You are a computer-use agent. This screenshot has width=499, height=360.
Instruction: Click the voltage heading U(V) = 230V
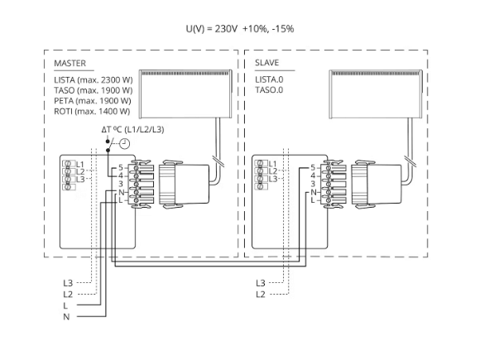point(240,29)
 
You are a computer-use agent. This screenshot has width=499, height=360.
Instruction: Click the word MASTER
point(70,63)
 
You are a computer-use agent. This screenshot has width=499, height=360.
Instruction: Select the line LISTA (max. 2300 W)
point(91,79)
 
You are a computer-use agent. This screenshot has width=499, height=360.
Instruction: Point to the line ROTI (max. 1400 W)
point(90,111)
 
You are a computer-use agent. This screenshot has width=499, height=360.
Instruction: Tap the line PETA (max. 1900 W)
point(90,100)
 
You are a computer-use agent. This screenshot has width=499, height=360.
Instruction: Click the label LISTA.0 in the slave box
point(269,79)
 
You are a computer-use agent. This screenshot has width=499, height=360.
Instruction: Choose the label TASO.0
point(269,89)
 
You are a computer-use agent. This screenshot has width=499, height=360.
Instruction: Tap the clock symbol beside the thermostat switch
point(124,143)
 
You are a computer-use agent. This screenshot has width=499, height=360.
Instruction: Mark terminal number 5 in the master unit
point(120,168)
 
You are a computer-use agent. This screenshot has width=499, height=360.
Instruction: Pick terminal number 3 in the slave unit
point(312,183)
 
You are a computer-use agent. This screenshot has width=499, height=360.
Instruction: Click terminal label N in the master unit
point(120,191)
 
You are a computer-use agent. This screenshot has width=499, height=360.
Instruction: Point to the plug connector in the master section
point(177,183)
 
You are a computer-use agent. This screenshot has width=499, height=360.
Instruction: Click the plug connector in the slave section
point(370,183)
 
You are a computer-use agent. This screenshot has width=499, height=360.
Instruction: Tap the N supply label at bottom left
point(66,317)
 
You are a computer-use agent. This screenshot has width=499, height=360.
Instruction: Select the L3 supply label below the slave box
point(261,283)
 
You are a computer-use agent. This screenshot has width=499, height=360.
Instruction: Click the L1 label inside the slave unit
point(272,164)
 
